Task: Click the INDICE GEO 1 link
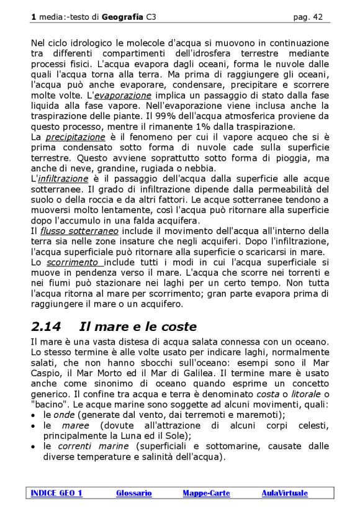(56, 493)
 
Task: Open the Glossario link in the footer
(133, 493)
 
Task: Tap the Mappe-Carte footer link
(206, 493)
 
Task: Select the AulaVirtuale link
(284, 493)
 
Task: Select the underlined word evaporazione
(123, 96)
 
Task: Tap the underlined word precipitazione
(76, 137)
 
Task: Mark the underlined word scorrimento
(74, 262)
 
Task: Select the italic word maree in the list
(75, 425)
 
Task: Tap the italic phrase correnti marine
(94, 446)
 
